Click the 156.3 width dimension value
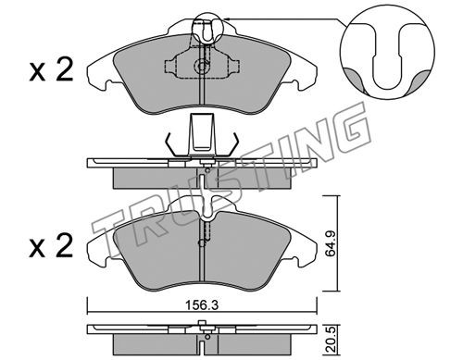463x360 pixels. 202,305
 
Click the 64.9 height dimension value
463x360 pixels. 332,242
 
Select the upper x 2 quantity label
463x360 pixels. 51,70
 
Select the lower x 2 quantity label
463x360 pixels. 51,246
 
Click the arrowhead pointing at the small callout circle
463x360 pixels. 226,19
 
